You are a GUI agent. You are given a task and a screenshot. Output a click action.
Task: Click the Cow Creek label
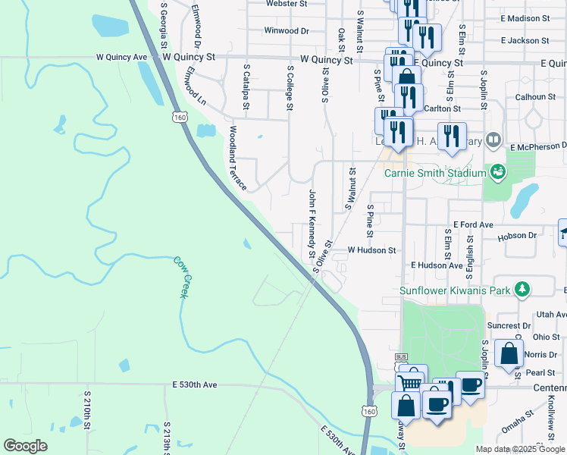pos(180,277)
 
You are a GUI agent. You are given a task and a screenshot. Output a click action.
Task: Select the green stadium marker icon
pos(497,172)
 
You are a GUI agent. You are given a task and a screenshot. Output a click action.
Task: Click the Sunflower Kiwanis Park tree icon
pos(521,289)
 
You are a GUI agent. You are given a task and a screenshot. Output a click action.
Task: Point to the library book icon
pos(493,140)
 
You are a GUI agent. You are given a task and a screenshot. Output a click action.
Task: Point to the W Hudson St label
pos(371,249)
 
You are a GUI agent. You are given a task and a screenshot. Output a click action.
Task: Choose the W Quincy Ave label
pos(121,57)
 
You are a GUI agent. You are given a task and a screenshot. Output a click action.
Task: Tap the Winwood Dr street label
pos(287,31)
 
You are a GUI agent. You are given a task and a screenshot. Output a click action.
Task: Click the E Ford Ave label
pos(473,225)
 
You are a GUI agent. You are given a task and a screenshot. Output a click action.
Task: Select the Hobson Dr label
pos(517,236)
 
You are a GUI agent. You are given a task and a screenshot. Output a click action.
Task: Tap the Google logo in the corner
pos(25,446)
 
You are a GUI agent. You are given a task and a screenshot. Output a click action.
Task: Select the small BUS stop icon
pos(401,356)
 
